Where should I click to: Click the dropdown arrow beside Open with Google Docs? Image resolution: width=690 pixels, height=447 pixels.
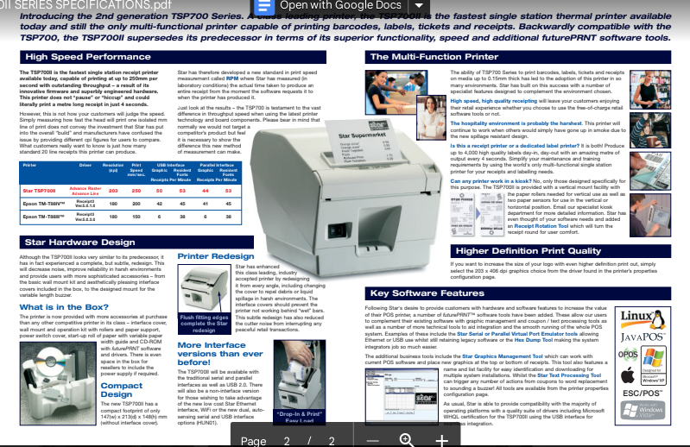(419, 5)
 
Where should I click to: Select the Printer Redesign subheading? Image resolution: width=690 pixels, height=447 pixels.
(215, 256)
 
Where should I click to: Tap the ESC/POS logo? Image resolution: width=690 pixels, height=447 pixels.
(643, 392)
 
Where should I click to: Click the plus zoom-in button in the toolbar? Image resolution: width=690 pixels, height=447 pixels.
(442, 440)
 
